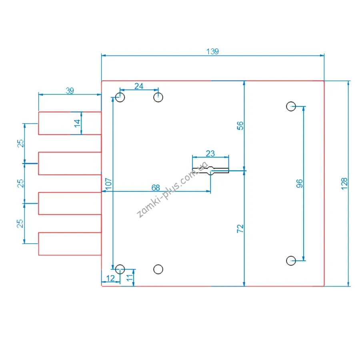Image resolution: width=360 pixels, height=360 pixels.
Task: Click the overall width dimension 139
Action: click(213, 52)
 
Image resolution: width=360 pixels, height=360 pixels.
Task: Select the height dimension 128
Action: click(344, 184)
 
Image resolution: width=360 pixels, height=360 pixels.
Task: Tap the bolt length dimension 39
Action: click(70, 91)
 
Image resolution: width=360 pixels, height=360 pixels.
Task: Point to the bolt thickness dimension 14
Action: click(77, 123)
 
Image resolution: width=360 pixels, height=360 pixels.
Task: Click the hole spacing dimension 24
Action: click(139, 86)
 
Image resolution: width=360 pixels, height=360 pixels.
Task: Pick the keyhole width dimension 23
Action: click(210, 153)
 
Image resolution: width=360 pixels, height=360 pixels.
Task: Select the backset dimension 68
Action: click(156, 188)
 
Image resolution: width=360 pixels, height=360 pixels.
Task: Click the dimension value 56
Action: click(240, 126)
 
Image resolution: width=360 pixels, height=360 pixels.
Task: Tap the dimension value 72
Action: click(240, 229)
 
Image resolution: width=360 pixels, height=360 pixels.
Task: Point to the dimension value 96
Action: click(299, 184)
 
